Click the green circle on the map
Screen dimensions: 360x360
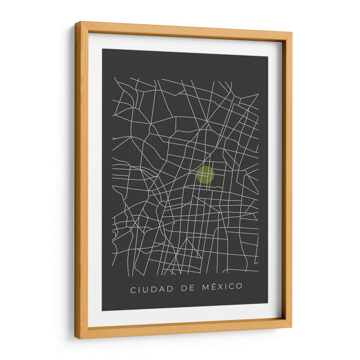point(205,175)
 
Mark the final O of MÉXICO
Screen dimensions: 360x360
point(239,286)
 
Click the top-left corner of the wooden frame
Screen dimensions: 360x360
point(76,22)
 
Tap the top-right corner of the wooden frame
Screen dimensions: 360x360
point(292,32)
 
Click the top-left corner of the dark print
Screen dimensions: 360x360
point(102,49)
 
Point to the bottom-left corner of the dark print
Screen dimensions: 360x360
point(102,310)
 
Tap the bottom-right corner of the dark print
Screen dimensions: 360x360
point(268,302)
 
